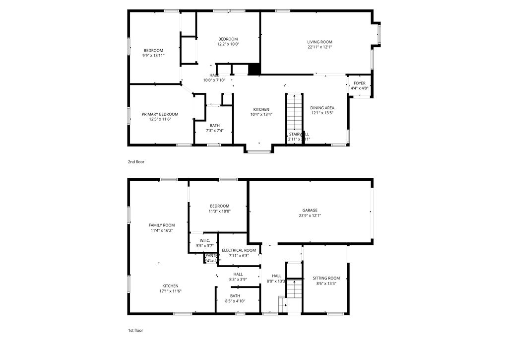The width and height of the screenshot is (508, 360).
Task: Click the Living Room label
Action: [x=319, y=42]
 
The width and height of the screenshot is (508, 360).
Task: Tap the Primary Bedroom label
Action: [x=160, y=114]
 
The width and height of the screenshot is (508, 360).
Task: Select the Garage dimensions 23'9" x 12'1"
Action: [x=310, y=216]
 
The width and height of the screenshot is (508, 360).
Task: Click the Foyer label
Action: [x=359, y=83]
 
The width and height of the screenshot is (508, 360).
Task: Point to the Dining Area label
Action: [x=322, y=108]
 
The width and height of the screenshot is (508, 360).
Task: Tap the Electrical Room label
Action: [x=239, y=250]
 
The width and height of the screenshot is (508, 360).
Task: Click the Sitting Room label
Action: [x=326, y=278]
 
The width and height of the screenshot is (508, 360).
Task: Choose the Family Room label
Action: [x=162, y=225]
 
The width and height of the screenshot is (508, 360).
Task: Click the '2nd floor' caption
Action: [x=136, y=162]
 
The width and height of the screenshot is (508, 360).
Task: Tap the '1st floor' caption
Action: [x=136, y=330]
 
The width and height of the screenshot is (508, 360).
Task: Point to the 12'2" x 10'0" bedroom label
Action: [x=228, y=39]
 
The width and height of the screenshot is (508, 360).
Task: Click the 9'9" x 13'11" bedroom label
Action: [x=153, y=51]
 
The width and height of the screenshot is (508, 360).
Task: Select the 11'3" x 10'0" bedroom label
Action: [x=219, y=206]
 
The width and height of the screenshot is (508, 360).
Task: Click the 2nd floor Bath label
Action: [x=214, y=126]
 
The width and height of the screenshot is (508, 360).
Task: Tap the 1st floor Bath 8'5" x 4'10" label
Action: [x=235, y=296]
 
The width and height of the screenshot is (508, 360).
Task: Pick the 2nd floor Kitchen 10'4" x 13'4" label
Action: [x=261, y=109]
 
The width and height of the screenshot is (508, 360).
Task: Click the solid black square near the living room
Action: [x=254, y=69]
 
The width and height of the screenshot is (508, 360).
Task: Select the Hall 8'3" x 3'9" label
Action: [x=238, y=274]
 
